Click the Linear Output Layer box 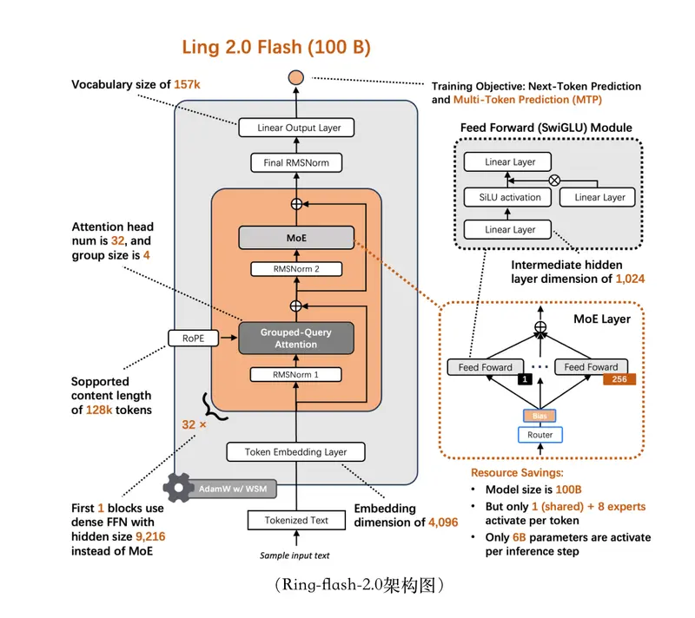(299, 128)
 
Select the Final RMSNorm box (296, 162)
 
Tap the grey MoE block (296, 237)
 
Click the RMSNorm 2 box (296, 269)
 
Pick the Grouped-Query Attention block (296, 338)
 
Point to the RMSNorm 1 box (296, 375)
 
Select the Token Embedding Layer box (295, 451)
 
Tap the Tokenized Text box (295, 521)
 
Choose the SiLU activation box (508, 197)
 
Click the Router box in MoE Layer (540, 434)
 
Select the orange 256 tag (619, 379)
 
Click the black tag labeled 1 (526, 379)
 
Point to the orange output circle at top (296, 78)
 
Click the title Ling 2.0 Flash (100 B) (275, 48)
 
